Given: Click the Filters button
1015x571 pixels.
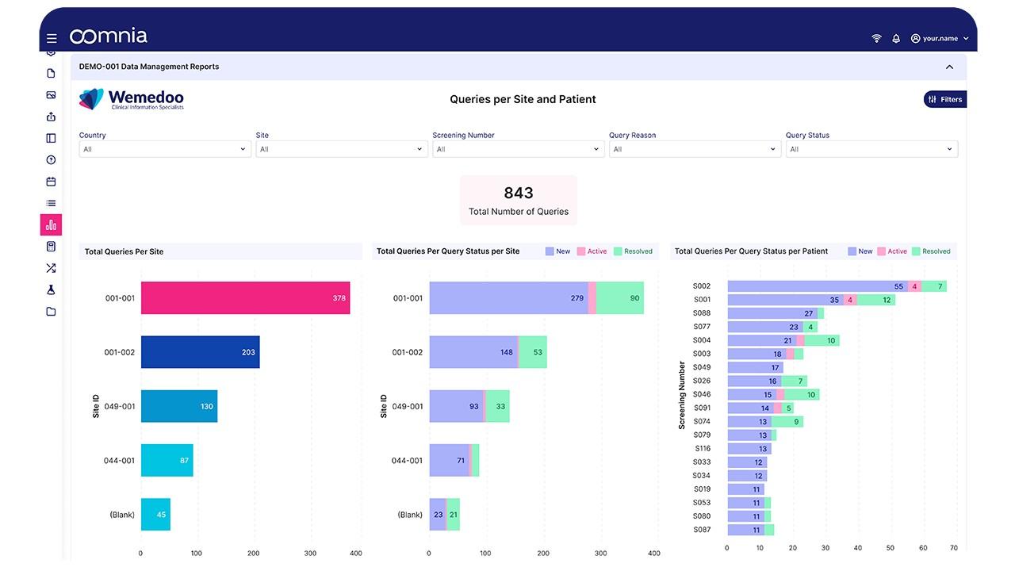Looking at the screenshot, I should pos(945,99).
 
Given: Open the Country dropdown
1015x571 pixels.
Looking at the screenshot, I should pos(165,149).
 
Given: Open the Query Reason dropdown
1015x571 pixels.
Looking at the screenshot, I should pos(695,149).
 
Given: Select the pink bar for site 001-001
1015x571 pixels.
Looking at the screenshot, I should pos(245,298).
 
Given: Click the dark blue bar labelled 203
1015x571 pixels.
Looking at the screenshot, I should pos(200,352).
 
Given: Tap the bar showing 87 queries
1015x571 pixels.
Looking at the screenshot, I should pos(167,460).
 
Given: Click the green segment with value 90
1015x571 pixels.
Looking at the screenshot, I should pos(620,298).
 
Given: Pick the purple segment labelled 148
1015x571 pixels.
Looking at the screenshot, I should pos(473,352).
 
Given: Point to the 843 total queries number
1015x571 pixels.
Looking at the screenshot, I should pos(519,193).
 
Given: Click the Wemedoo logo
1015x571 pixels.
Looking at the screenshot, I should pos(132,99).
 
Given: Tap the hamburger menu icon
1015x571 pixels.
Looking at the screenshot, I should pos(52,38).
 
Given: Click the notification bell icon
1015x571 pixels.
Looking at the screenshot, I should pos(896,38).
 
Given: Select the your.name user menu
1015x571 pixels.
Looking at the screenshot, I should pos(940,38).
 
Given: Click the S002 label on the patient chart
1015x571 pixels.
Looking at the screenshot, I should pos(702,286).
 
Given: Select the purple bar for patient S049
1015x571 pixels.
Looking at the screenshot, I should pos(755,367).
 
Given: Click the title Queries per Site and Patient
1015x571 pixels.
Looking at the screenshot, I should pos(523,99).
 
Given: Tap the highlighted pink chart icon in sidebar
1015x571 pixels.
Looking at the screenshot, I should pos(51,225).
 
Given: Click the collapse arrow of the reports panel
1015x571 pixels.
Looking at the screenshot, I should pos(949,67).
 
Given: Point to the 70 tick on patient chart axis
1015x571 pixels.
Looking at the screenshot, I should pos(954,548).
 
